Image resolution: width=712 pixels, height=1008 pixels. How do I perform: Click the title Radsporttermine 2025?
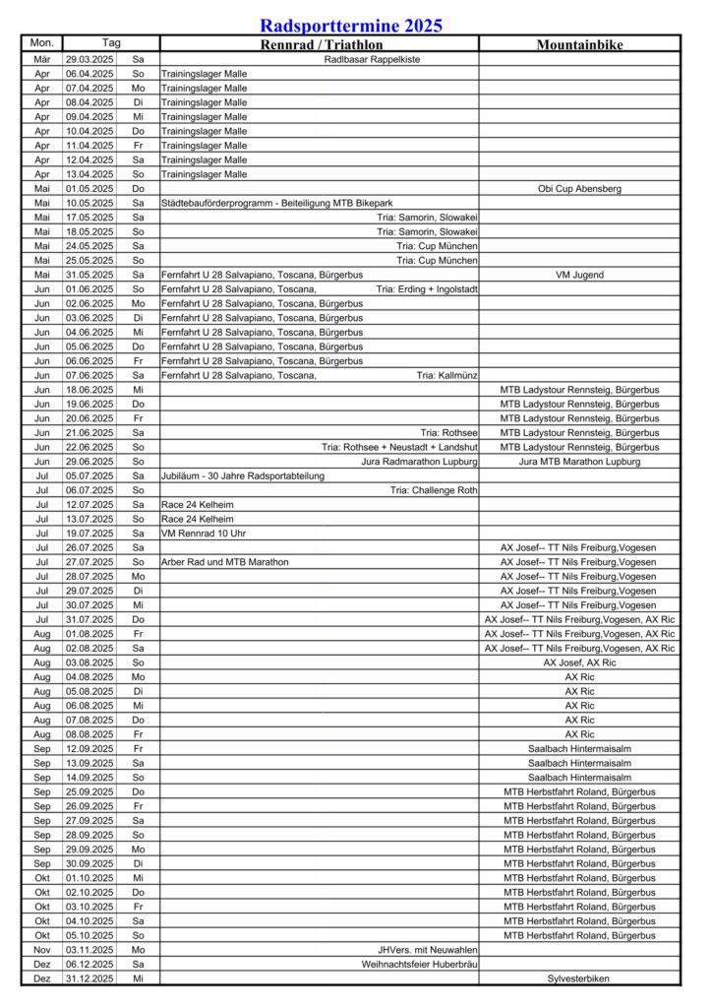pyautogui.click(x=351, y=26)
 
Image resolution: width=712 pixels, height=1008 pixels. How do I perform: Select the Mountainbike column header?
pyautogui.click(x=579, y=44)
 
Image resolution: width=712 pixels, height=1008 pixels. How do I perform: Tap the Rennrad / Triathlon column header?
pyautogui.click(x=321, y=44)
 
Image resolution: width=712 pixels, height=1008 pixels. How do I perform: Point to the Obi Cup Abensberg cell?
pyautogui.click(x=579, y=188)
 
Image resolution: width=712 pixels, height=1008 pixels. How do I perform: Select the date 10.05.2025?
pyautogui.click(x=89, y=203)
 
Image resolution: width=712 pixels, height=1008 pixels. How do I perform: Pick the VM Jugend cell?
pyautogui.click(x=579, y=275)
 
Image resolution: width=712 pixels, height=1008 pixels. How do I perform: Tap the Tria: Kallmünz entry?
pyautogui.click(x=447, y=375)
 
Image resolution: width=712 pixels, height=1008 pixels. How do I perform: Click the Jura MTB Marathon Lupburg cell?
pyautogui.click(x=579, y=462)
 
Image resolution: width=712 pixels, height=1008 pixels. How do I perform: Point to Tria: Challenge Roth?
pyautogui.click(x=434, y=490)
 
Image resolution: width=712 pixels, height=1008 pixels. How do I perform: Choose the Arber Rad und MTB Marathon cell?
pyautogui.click(x=225, y=562)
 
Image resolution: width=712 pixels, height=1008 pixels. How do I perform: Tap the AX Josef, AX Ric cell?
pyautogui.click(x=579, y=662)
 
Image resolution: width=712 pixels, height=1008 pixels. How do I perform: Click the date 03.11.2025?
pyautogui.click(x=89, y=950)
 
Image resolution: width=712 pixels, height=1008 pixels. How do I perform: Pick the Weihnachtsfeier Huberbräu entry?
pyautogui.click(x=412, y=965)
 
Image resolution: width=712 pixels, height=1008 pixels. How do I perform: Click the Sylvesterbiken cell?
pyautogui.click(x=579, y=978)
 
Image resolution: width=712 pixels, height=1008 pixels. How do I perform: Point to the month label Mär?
pyautogui.click(x=42, y=59)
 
